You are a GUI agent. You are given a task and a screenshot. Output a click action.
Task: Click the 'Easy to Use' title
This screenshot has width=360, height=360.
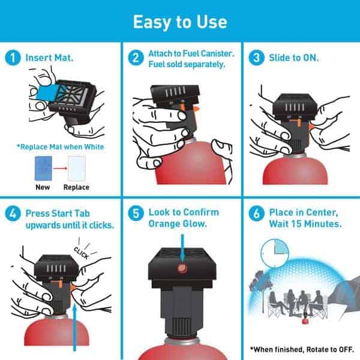coord(180,22)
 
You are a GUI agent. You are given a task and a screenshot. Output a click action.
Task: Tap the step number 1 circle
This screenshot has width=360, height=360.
coord(13,59)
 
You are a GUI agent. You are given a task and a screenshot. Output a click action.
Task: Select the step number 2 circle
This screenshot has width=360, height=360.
coord(137,59)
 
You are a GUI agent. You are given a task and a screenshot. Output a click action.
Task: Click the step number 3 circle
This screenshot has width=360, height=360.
coord(257,59)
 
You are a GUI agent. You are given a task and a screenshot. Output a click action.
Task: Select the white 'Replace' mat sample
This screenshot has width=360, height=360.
coord(76,168)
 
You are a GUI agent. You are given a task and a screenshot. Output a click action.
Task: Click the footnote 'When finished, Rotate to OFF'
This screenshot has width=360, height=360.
coord(301,349)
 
